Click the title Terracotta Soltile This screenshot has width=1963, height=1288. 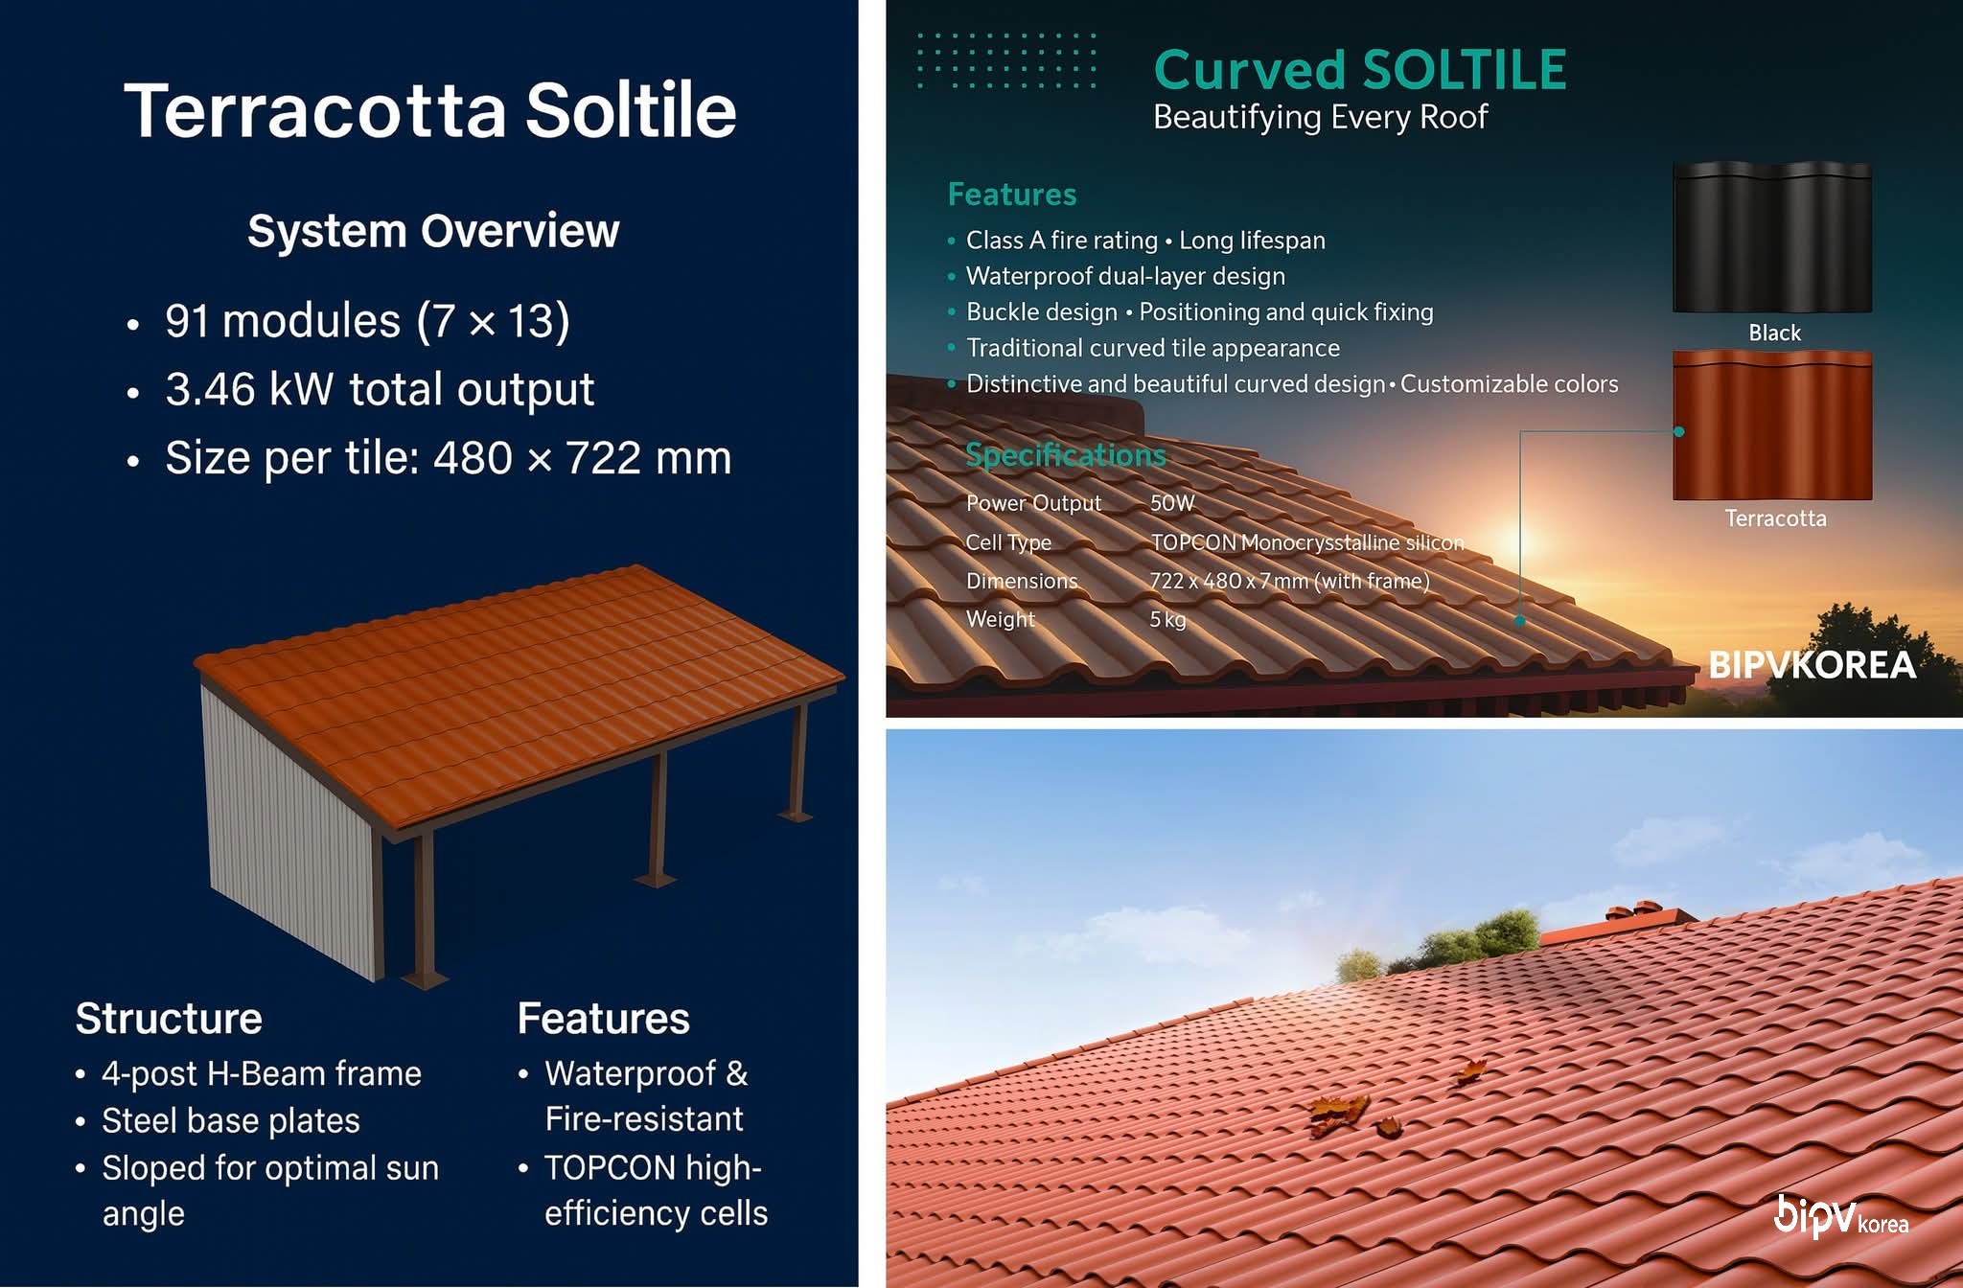(x=430, y=110)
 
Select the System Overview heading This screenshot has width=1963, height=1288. (x=433, y=231)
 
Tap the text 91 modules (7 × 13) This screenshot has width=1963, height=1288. (x=367, y=320)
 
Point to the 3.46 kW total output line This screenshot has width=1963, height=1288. (x=380, y=389)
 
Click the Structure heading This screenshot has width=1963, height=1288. (x=169, y=1018)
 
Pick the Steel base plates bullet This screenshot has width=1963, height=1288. (x=231, y=1120)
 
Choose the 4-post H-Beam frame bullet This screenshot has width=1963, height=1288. (x=262, y=1073)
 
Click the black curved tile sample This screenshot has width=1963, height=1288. (x=1772, y=238)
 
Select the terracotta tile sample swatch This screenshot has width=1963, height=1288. (x=1772, y=425)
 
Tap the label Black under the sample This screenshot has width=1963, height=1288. (x=1774, y=333)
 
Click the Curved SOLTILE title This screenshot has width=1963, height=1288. (x=1360, y=70)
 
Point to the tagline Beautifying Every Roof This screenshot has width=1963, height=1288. (x=1320, y=117)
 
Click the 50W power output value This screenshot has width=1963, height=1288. (x=1172, y=503)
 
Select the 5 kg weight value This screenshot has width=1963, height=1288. (x=1167, y=619)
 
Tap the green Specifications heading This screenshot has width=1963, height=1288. (x=1065, y=454)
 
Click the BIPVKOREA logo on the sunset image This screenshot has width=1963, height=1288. (x=1812, y=665)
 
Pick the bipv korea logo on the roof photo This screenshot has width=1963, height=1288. (x=1840, y=1216)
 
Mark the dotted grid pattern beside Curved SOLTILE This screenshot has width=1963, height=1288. (x=1006, y=60)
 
